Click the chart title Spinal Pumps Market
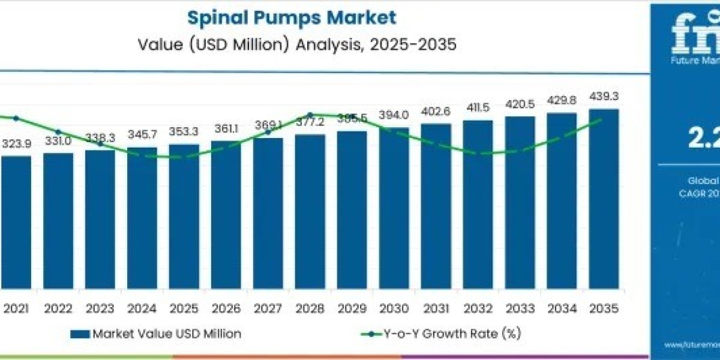[x=292, y=17]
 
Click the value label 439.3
[x=604, y=96]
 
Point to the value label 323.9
[x=16, y=144]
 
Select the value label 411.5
[x=478, y=108]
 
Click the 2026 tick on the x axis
[x=226, y=308]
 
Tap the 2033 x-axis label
[x=520, y=308]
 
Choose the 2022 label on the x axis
[x=58, y=308]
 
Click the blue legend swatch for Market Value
[x=79, y=334]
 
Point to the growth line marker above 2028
[x=310, y=115]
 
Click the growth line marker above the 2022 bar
[x=58, y=132]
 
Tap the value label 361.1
[x=226, y=129]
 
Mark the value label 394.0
[x=394, y=115]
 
